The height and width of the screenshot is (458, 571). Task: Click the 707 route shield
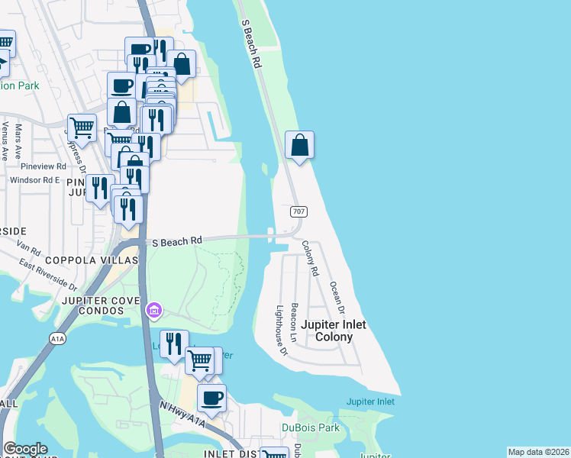pos(295,211)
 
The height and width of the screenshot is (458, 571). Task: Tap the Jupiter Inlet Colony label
pos(333,331)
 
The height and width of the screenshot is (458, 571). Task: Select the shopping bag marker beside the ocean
pos(300,145)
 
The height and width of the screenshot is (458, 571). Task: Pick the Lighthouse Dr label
pos(281,331)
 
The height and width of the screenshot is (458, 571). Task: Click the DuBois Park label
pos(309,427)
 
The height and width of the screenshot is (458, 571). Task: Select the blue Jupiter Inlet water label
pos(370,402)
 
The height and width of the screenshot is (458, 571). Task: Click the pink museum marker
pos(154,311)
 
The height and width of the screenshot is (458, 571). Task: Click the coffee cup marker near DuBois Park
pos(211,398)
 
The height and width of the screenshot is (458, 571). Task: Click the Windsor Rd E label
pos(35,180)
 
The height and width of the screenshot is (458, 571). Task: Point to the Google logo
pos(25,449)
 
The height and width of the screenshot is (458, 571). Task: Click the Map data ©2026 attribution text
pos(538,452)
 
